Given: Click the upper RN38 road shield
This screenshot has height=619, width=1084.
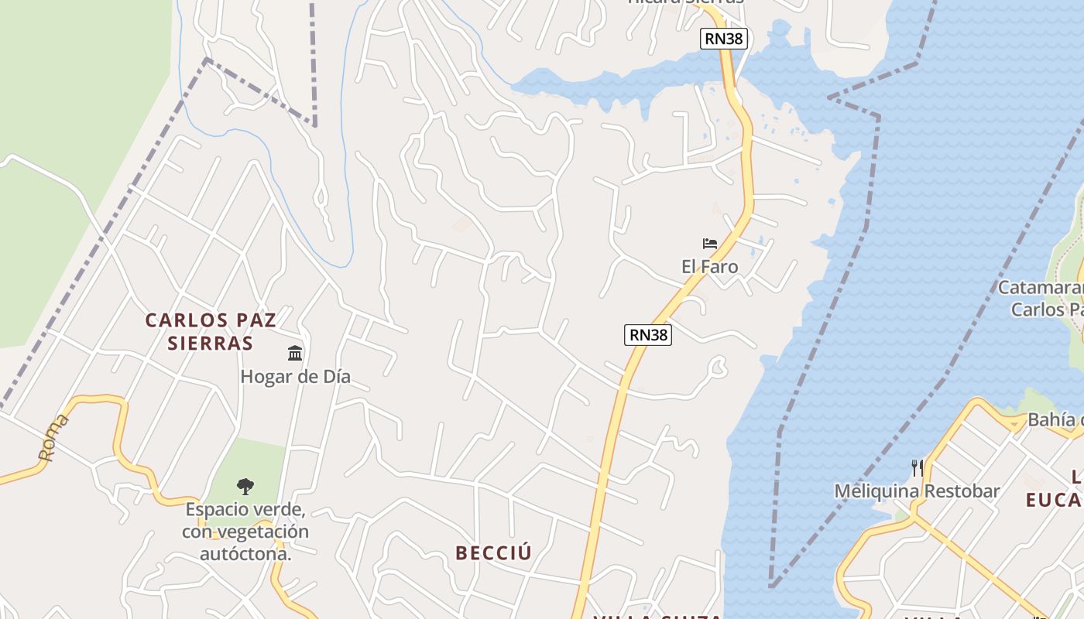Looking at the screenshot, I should pyautogui.click(x=724, y=38).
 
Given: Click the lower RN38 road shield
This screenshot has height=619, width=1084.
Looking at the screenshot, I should pyautogui.click(x=648, y=334).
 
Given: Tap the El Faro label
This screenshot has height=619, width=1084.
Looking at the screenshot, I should pyautogui.click(x=709, y=267).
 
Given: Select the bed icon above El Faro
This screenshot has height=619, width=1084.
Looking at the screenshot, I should pyautogui.click(x=709, y=244).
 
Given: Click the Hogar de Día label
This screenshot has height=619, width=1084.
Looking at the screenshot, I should pyautogui.click(x=295, y=377).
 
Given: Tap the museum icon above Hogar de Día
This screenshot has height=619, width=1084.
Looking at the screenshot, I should pyautogui.click(x=295, y=354).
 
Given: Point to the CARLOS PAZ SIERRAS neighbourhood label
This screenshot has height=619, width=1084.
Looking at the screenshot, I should pyautogui.click(x=211, y=331).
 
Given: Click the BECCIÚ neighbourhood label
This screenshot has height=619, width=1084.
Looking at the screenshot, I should pyautogui.click(x=494, y=553).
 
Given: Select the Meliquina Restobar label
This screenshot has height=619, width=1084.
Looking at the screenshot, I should pyautogui.click(x=917, y=491).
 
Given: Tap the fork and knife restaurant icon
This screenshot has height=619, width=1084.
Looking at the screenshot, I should pyautogui.click(x=917, y=467).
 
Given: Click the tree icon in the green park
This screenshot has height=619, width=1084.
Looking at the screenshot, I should pyautogui.click(x=245, y=487).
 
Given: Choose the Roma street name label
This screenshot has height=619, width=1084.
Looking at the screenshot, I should pyautogui.click(x=53, y=438).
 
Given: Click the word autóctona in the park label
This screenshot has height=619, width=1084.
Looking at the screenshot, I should pyautogui.click(x=245, y=555).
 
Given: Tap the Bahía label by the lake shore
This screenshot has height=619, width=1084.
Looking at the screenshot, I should pyautogui.click(x=1055, y=420).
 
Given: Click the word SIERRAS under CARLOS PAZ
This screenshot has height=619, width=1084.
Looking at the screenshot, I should pyautogui.click(x=211, y=343).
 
